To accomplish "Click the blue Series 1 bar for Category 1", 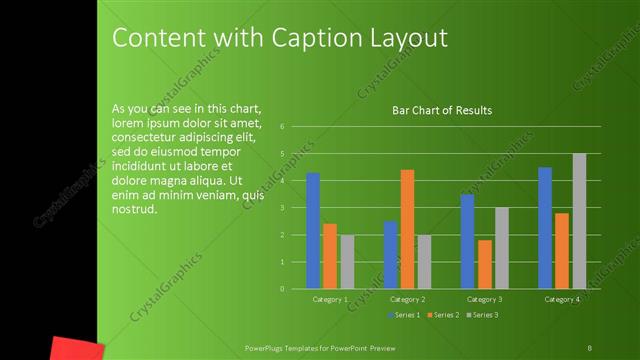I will click(313, 231).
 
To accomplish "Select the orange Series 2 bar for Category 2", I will click(407, 229).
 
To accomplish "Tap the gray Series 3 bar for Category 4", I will click(579, 221).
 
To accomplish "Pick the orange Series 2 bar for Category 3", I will click(484, 264).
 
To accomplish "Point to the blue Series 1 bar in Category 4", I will click(545, 228).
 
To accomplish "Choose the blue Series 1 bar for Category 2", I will click(390, 255).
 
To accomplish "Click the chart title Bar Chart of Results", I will click(441, 110).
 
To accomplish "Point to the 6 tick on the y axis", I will click(283, 127).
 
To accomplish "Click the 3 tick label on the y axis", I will click(283, 208).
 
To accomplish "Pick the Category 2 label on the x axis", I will click(408, 299).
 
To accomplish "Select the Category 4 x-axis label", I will click(562, 299).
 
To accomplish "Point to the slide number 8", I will click(589, 347).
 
